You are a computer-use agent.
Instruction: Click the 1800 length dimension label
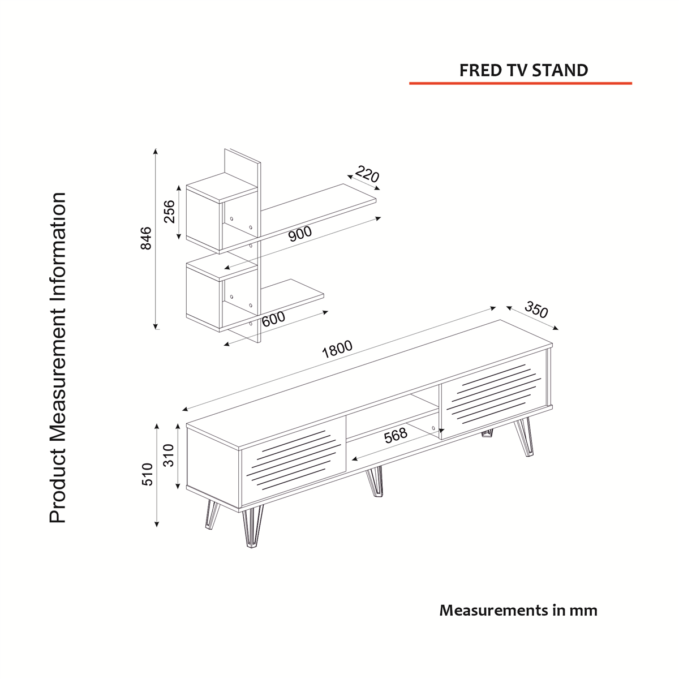click(337, 349)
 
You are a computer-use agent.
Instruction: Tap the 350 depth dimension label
click(536, 310)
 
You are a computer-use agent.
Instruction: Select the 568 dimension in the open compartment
click(396, 436)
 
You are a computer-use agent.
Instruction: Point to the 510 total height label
click(148, 474)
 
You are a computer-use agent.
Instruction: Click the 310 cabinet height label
click(169, 455)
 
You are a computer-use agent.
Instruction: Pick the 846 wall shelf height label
click(146, 239)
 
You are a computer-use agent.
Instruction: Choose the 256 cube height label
click(169, 212)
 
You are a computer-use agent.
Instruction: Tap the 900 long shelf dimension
click(300, 234)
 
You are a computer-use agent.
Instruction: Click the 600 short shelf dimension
click(273, 319)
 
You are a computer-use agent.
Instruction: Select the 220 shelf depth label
click(367, 174)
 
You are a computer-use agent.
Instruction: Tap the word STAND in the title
click(560, 71)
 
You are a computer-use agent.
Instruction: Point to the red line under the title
click(521, 84)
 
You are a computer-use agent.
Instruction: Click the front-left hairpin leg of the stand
click(252, 527)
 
